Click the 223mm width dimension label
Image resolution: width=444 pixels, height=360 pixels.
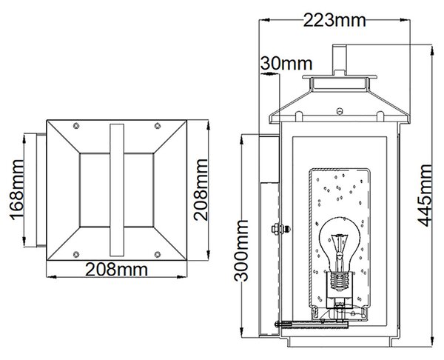coord(334,21)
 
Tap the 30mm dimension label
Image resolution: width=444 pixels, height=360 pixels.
coord(286,64)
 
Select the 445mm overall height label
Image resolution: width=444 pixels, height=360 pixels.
coord(425,196)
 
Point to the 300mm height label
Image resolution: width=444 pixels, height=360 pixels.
coord(241,250)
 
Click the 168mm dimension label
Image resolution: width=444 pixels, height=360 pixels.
coord(16,190)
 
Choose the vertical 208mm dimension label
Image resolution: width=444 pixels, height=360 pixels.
coord(201,190)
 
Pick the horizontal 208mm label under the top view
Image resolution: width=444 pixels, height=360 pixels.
coord(116,270)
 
